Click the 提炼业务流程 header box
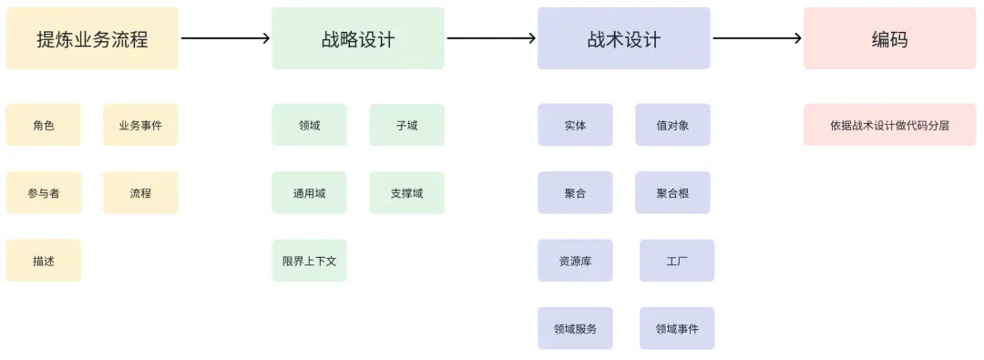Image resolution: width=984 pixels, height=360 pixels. pos(92,38)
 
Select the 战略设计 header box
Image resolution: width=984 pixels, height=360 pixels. pos(358,38)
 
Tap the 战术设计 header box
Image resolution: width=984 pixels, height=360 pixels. pos(624,38)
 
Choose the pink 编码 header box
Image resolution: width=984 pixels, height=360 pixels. pos(889,38)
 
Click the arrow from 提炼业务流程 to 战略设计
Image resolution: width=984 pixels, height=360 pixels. pos(225,38)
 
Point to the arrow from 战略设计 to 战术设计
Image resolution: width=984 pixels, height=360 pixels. pos(491,38)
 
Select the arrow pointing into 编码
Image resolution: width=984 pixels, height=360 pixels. pos(757,38)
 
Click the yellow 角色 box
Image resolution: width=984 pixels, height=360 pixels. pos(44,125)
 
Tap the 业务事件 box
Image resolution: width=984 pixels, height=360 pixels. pos(140,125)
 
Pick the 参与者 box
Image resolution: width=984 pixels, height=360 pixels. pos(44,193)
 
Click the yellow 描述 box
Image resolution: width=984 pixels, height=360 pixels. pos(44,261)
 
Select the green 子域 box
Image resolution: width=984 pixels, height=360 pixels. pos(407,125)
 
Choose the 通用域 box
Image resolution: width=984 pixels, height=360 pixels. pos(309,193)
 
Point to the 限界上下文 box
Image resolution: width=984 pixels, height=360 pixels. pos(309,261)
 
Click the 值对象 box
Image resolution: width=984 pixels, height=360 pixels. pos(672,125)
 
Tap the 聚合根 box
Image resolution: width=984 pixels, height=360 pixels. pos(672,193)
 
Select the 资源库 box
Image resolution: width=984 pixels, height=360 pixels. pos(575,261)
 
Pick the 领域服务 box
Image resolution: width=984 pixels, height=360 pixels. pos(575,328)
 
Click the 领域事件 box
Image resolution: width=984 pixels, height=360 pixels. pos(677,328)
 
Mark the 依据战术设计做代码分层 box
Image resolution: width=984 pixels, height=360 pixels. pos(889,125)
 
